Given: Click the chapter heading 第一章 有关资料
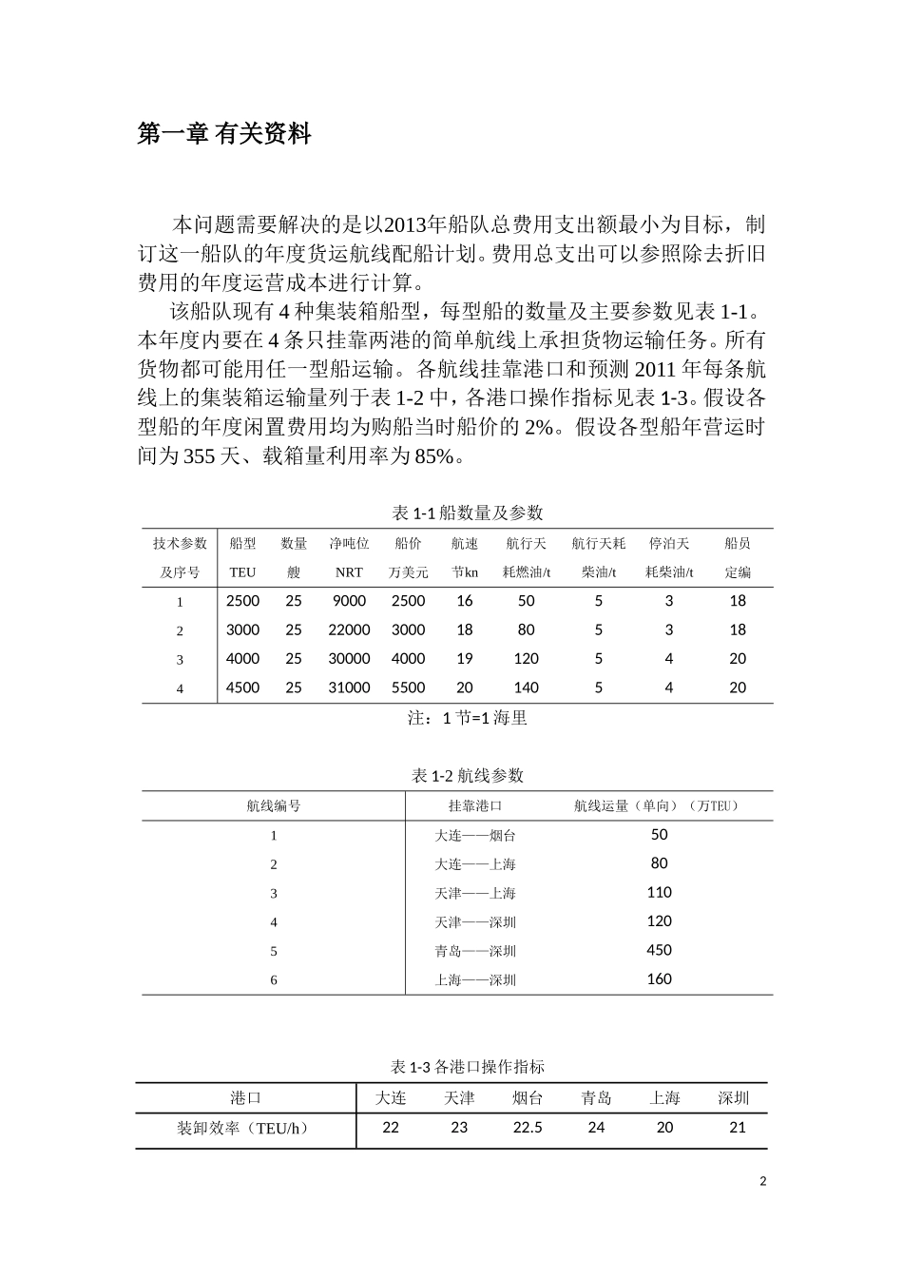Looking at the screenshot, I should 224,134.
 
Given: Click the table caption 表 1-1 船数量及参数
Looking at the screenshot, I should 467,513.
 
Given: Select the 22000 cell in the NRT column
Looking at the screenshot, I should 349,629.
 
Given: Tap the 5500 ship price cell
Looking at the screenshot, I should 409,687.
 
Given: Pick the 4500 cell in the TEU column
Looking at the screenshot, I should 242,687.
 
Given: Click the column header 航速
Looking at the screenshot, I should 465,544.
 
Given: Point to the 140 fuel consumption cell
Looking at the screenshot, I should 526,687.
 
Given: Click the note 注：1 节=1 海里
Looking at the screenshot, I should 467,719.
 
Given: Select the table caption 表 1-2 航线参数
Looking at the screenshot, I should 467,776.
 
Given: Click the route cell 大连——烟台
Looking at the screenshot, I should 475,836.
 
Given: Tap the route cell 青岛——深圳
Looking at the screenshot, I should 475,951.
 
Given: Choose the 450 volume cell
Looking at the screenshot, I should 659,950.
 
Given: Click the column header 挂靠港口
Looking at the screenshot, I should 475,806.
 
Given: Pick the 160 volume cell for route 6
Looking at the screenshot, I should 659,978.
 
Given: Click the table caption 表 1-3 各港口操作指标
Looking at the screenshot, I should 467,1067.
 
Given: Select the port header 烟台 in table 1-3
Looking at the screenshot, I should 528,1098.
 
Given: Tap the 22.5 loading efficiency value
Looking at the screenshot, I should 528,1128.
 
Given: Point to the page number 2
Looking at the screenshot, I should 762,1182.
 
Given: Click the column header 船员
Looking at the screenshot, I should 738,544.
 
